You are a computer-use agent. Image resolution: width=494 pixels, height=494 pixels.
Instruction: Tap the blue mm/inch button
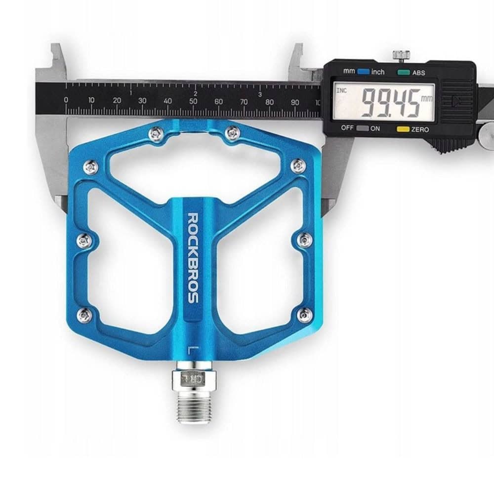coord(363,72)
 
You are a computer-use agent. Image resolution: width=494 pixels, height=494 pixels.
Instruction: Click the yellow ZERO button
coord(403,129)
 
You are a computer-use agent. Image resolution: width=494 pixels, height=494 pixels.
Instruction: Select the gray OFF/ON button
coord(363,128)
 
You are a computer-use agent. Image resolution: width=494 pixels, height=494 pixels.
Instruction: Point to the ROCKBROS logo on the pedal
coord(193,258)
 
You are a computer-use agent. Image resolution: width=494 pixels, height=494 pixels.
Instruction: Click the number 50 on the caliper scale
coord(193,101)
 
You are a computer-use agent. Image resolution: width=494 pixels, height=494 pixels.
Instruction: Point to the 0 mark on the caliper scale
coord(66,100)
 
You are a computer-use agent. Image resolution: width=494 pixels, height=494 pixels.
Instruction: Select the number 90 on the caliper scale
coord(295,102)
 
